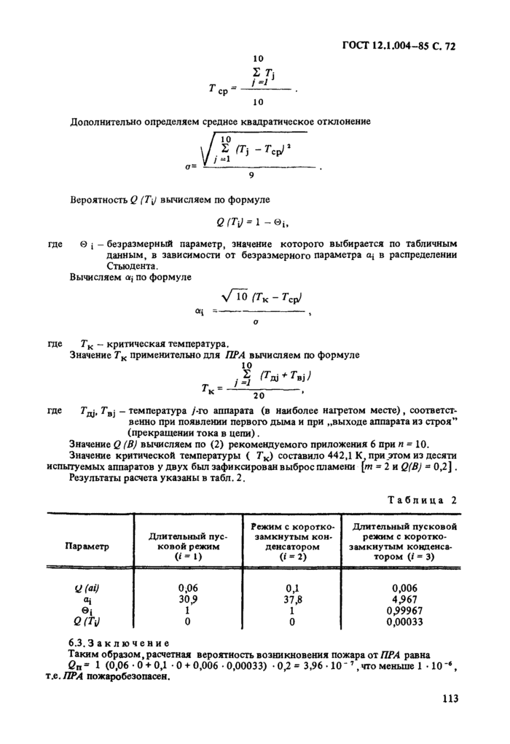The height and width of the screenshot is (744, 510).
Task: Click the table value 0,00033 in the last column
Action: pyautogui.click(x=403, y=622)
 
